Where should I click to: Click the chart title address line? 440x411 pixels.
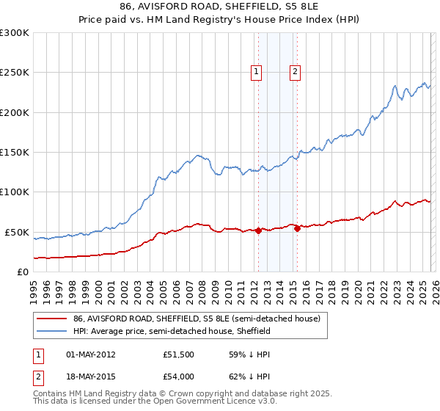[x=220, y=6]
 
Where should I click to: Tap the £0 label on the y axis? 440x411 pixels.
[x=21, y=272]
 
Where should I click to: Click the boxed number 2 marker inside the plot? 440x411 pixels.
[x=296, y=72]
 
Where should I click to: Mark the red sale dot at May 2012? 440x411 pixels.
[x=258, y=230]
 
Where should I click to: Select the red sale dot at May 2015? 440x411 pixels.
[x=297, y=229]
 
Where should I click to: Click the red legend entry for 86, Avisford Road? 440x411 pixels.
[x=197, y=319]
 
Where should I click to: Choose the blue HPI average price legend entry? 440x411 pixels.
[x=172, y=331]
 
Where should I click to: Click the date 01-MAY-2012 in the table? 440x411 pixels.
[x=91, y=354]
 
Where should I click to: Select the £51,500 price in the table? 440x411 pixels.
[x=178, y=354]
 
